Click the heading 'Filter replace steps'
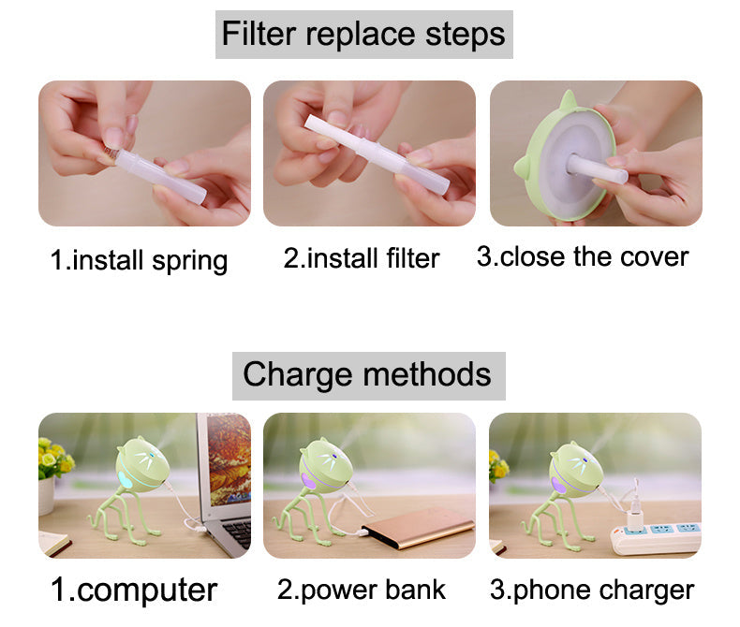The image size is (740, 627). pos(363,35)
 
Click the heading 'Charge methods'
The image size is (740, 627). pos(367,375)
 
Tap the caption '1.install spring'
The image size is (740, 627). pos(139,258)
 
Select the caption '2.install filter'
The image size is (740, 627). pos(362,257)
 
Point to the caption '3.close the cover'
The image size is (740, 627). pos(583,256)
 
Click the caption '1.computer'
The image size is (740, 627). pos(134,590)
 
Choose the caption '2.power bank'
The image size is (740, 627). pos(362,590)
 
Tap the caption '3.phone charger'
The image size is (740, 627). pos(592,590)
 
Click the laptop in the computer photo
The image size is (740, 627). pos(225,487)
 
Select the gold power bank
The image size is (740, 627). pos(412,533)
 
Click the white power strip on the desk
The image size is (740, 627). pos(656,538)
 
